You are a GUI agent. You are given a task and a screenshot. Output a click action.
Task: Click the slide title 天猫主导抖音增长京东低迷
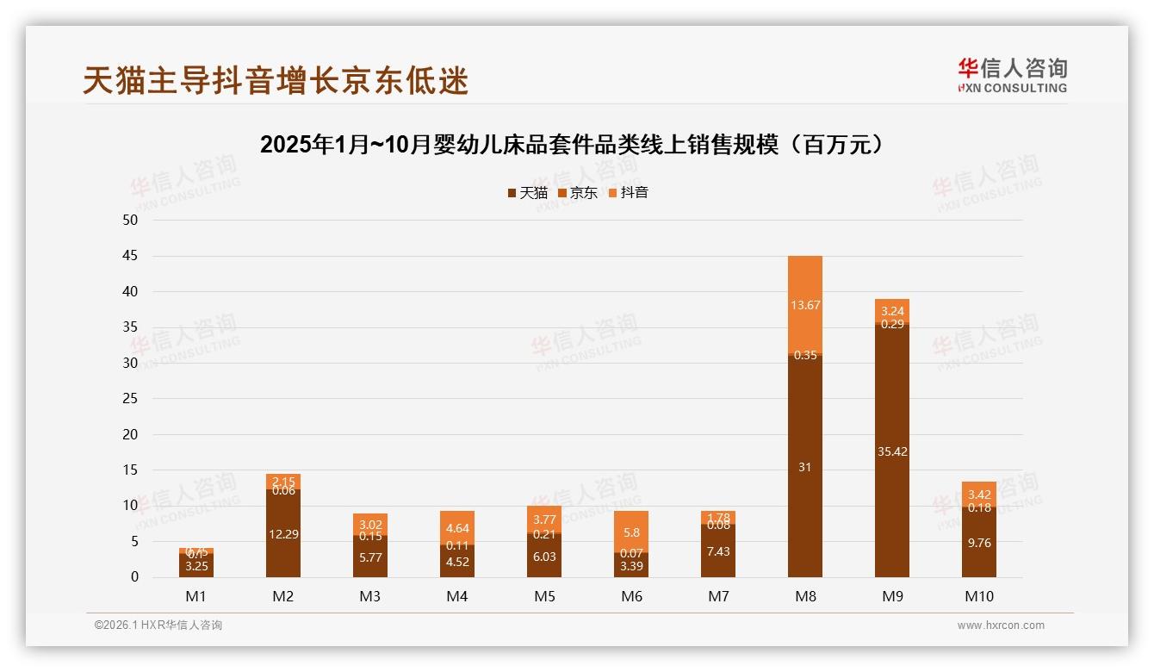(x=276, y=80)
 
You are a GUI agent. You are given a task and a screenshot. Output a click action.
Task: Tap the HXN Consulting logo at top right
(x=1012, y=75)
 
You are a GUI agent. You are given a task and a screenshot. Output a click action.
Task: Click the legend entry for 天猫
(x=528, y=193)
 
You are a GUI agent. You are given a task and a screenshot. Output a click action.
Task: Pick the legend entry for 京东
(x=578, y=193)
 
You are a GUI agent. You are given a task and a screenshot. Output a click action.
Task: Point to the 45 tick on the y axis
(x=130, y=256)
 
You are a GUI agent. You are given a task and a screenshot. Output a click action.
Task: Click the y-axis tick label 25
(x=130, y=399)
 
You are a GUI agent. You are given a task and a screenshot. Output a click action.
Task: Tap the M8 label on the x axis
(x=805, y=596)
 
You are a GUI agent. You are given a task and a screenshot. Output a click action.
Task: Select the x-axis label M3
(x=370, y=596)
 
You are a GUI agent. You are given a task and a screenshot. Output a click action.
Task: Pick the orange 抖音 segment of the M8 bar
(x=805, y=304)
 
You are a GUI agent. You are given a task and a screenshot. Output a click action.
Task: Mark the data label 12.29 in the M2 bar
(x=283, y=534)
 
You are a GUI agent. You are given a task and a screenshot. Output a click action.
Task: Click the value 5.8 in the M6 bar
(x=631, y=532)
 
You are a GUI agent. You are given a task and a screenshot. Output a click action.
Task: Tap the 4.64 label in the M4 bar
(x=457, y=528)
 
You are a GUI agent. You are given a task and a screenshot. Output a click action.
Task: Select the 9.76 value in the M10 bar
(x=979, y=543)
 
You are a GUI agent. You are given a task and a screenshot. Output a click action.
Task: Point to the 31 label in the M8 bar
(x=805, y=467)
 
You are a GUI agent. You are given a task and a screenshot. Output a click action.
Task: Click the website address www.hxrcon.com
(x=1001, y=625)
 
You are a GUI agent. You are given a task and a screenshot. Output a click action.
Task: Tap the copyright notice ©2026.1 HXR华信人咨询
(x=158, y=625)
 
